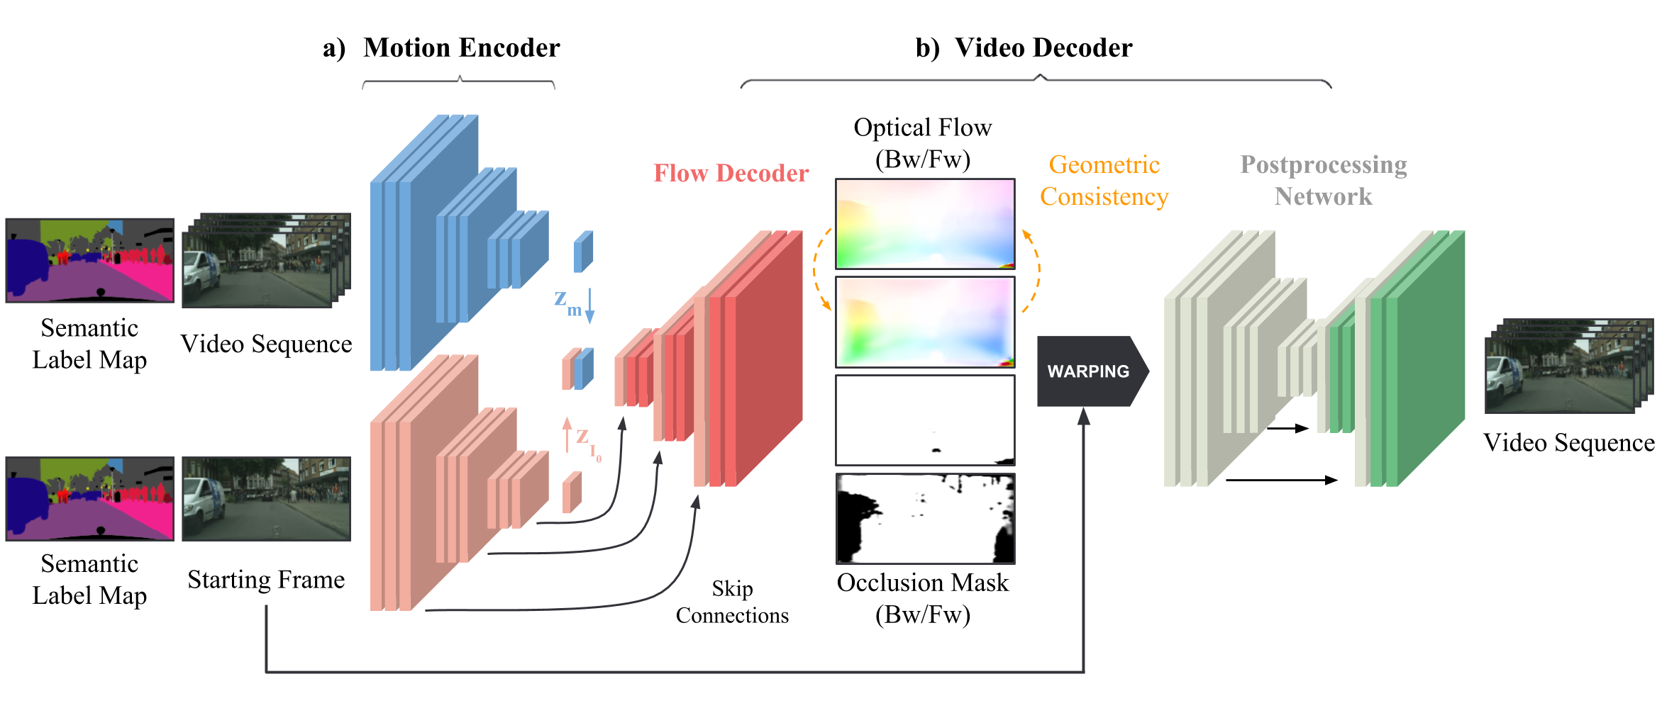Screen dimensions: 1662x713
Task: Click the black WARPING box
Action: point(1091,371)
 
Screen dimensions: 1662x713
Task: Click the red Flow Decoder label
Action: point(731,173)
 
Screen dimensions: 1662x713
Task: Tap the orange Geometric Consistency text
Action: point(1104,180)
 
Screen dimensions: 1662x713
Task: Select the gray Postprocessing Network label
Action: point(1323,180)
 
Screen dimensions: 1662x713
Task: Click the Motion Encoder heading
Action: point(461,47)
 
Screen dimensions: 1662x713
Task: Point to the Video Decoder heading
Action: point(1043,47)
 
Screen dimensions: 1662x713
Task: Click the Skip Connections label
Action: point(732,602)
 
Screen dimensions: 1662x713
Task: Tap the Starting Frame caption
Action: point(266,580)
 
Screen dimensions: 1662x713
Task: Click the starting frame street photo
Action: point(266,498)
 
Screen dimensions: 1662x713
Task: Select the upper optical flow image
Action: point(925,224)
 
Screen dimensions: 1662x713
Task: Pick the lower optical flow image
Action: point(925,322)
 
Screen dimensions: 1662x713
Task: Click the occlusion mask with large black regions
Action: point(925,518)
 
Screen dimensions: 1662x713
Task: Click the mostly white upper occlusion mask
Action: point(925,420)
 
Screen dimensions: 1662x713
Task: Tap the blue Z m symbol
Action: point(568,303)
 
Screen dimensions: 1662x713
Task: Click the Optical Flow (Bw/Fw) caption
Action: point(922,143)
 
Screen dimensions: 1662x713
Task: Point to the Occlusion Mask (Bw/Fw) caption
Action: point(922,598)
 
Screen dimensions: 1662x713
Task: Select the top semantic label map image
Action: point(89,260)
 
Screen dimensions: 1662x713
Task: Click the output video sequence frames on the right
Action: point(1568,366)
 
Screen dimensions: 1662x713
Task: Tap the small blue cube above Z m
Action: point(583,252)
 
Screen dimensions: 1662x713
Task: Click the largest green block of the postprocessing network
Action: point(1426,358)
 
